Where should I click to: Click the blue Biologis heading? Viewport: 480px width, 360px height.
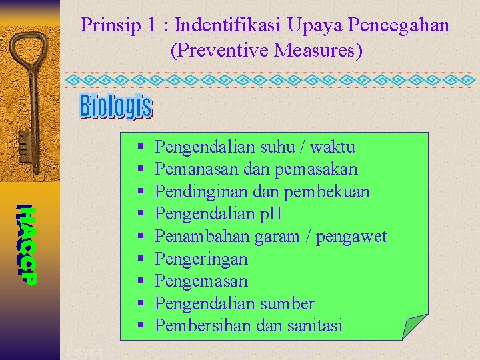point(116,106)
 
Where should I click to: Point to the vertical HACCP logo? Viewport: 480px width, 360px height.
point(26,243)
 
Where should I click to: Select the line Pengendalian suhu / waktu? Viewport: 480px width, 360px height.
point(254,147)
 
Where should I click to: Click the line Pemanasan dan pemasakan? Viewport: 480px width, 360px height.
point(255,169)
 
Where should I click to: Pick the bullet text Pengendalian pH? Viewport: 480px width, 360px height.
point(218,214)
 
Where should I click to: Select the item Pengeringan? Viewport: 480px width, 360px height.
point(201,259)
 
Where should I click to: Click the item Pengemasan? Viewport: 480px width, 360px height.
point(201,281)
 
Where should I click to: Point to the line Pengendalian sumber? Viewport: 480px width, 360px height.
point(234,304)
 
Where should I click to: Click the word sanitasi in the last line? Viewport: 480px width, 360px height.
point(315,326)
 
